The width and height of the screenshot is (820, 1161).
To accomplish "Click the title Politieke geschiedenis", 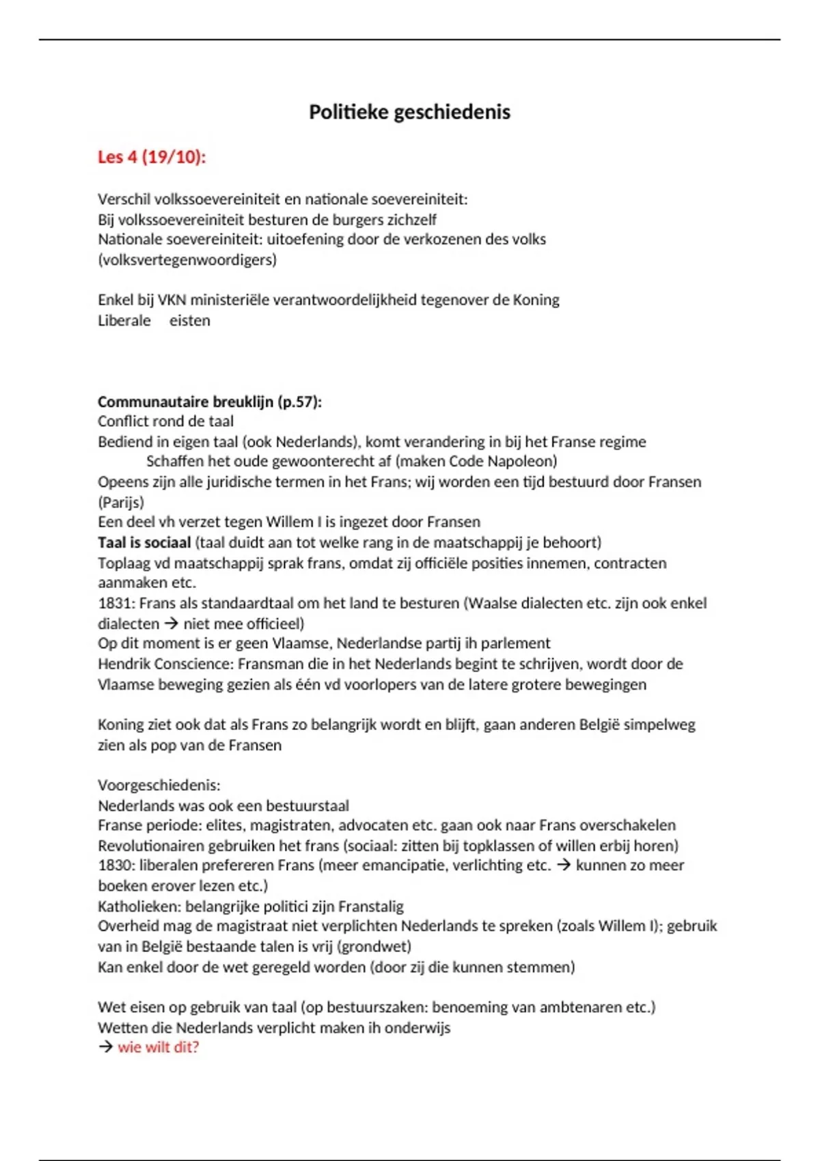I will point(409,112).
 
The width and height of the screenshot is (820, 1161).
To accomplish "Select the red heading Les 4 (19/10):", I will point(151,157).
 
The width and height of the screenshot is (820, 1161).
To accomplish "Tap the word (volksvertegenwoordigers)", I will point(187,260).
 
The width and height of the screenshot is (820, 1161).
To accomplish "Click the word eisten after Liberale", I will point(189,320).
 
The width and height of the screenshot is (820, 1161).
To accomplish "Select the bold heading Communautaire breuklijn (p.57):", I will point(209,402).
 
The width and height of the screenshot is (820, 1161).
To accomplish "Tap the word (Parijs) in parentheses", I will point(121,502).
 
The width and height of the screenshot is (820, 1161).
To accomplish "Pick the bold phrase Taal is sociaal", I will point(144,542).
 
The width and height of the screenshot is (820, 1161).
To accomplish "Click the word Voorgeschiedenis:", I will point(159,785).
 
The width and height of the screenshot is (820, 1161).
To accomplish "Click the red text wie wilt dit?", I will point(158,1047).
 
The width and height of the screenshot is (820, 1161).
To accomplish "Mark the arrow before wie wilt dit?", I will point(105,1047).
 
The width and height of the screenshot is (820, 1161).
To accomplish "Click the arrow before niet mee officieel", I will point(171,624).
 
